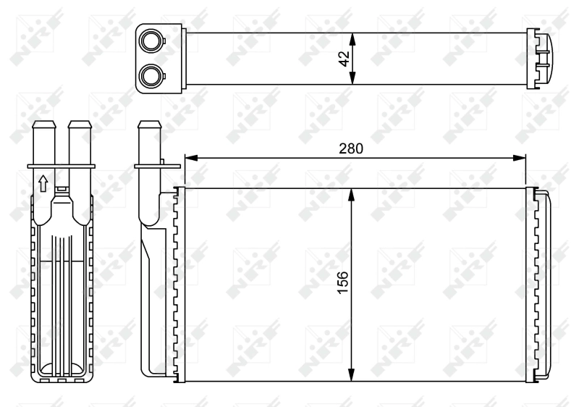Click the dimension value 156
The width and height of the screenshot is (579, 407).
[342, 285]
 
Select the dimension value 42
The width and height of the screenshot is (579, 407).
[344, 58]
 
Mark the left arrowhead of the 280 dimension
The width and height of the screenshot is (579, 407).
[190, 157]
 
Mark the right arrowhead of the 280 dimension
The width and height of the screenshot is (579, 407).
[521, 157]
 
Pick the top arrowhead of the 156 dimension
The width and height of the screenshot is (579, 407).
[352, 193]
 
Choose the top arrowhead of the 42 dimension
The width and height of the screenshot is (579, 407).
[352, 35]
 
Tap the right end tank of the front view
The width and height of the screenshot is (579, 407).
[544, 285]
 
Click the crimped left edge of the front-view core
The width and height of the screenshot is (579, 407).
[179, 285]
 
